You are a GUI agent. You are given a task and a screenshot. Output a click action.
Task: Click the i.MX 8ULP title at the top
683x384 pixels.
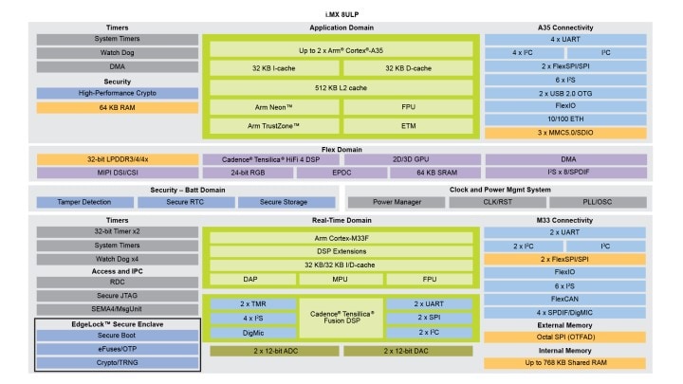pyautogui.click(x=341, y=9)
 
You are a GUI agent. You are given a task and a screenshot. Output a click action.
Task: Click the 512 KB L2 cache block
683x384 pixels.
pyautogui.click(x=341, y=88)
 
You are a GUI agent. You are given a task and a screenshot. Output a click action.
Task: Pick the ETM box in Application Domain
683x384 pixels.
pyautogui.click(x=410, y=126)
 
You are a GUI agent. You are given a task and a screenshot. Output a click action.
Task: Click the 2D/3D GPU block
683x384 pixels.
pyautogui.click(x=410, y=158)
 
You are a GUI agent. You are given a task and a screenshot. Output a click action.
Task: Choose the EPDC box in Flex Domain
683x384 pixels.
pyautogui.click(x=341, y=173)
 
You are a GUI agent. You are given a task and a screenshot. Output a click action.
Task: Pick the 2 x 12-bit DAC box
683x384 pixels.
pyautogui.click(x=410, y=352)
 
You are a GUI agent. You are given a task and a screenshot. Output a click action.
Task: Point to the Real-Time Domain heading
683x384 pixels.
pyautogui.click(x=341, y=219)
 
